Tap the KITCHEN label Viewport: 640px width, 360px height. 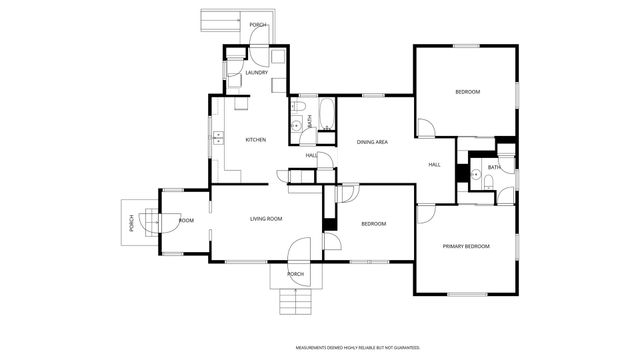click(x=256, y=139)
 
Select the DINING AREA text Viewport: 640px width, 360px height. click(x=373, y=142)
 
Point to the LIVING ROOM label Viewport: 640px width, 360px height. click(x=266, y=219)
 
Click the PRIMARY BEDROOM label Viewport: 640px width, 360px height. click(x=466, y=246)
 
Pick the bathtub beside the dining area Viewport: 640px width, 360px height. click(x=327, y=116)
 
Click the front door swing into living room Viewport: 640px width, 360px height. click(x=297, y=250)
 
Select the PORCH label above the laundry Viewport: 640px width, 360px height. click(x=258, y=23)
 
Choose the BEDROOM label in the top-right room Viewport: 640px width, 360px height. click(x=468, y=92)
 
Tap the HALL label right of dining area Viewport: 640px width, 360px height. click(x=434, y=165)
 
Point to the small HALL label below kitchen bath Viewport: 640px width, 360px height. click(x=311, y=156)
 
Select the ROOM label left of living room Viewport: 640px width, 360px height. click(x=187, y=220)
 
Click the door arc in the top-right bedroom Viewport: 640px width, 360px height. click(x=425, y=128)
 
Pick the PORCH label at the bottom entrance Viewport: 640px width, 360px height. click(x=295, y=274)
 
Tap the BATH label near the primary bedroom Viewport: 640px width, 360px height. click(x=494, y=167)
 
